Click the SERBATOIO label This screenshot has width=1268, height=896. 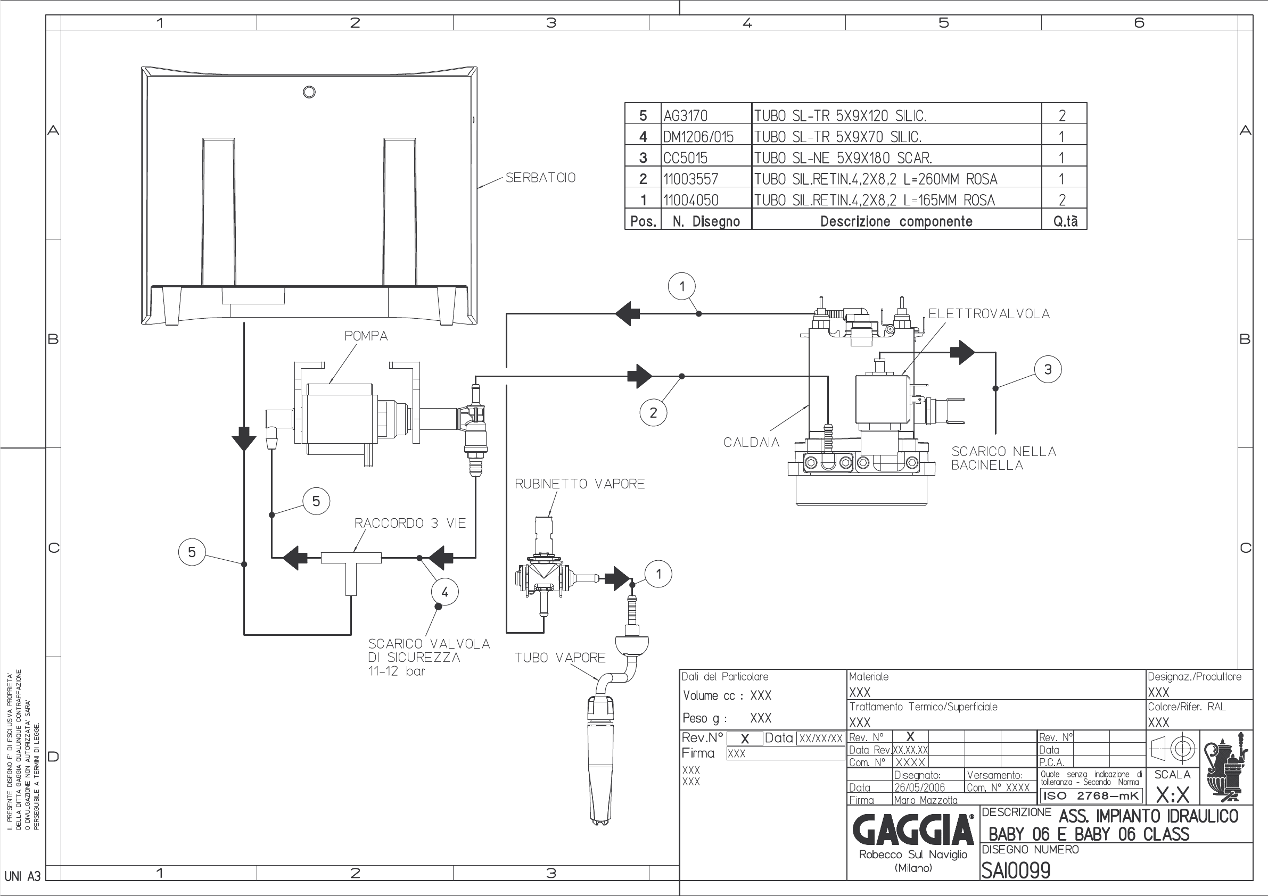(x=540, y=178)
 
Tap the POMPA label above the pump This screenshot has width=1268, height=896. (x=366, y=336)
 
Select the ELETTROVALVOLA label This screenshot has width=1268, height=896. (x=989, y=314)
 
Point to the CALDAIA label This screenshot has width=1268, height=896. (x=751, y=443)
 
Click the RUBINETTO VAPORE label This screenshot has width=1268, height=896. (x=579, y=484)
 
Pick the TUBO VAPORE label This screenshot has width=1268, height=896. (x=559, y=658)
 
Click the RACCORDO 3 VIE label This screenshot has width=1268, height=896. (x=410, y=524)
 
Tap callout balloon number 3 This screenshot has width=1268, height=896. (x=1048, y=369)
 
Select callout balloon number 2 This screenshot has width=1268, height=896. (x=653, y=413)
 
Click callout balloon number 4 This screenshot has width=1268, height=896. (x=444, y=593)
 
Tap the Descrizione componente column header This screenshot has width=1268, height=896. (x=896, y=221)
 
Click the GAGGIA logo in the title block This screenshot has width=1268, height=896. (x=913, y=829)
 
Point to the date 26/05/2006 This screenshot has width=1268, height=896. (x=919, y=788)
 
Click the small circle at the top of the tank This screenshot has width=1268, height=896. (x=309, y=92)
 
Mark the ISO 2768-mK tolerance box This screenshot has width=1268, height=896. (x=1091, y=795)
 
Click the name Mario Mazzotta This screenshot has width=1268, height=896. (x=925, y=800)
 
